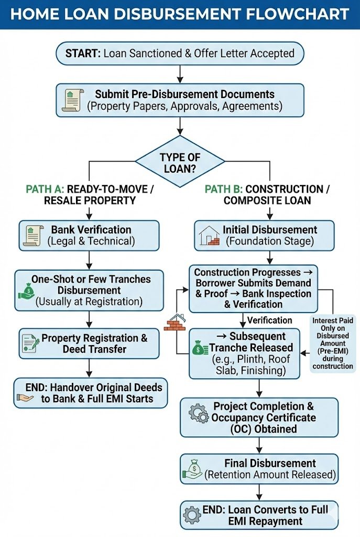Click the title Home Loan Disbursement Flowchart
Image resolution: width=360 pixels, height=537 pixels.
pyautogui.click(x=180, y=14)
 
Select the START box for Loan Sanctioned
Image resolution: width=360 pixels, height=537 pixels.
pyautogui.click(x=180, y=53)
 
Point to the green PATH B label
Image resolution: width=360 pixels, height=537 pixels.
pyautogui.click(x=223, y=189)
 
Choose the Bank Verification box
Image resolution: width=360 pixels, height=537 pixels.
pyautogui.click(x=89, y=235)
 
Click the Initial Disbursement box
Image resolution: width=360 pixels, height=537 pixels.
pyautogui.click(x=264, y=235)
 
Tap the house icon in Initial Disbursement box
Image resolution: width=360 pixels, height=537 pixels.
pyautogui.click(x=209, y=235)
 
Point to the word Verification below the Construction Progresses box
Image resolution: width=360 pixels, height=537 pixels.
pyautogui.click(x=270, y=320)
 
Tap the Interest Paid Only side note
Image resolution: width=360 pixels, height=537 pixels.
pyautogui.click(x=332, y=343)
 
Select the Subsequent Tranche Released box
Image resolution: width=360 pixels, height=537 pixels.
pyautogui.click(x=244, y=353)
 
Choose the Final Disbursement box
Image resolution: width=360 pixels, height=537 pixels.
pyautogui.click(x=259, y=468)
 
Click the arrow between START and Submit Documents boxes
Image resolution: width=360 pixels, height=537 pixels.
pyautogui.click(x=180, y=73)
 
